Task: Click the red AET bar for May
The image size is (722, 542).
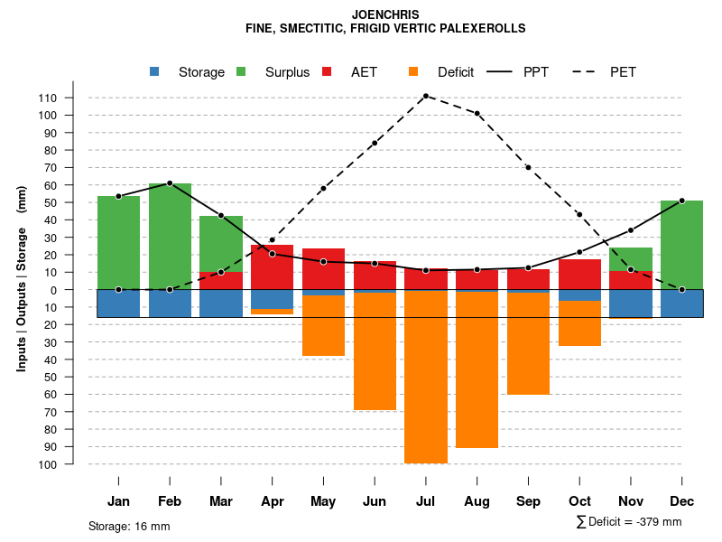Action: click(x=323, y=271)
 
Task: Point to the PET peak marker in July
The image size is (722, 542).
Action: click(x=425, y=96)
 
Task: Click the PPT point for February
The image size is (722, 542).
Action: click(x=170, y=183)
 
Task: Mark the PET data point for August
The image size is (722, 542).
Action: click(x=477, y=114)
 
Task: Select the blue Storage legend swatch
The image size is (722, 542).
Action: click(x=156, y=72)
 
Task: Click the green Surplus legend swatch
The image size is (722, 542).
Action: click(x=242, y=72)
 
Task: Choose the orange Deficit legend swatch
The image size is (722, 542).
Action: click(x=414, y=72)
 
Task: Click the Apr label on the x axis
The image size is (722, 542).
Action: click(x=272, y=501)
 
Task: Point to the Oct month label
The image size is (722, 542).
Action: click(x=579, y=501)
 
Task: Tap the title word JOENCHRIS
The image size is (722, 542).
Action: click(x=385, y=14)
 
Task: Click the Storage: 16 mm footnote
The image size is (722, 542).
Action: click(x=129, y=526)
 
